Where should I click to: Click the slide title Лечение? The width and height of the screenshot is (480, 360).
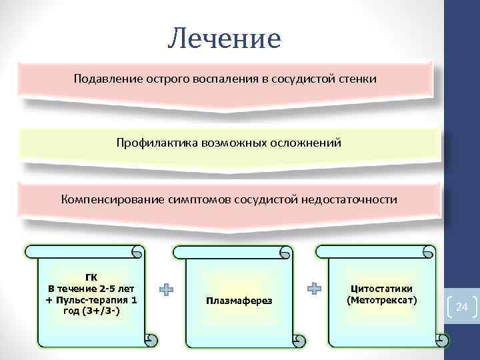point(225,39)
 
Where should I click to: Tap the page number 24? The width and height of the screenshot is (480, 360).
point(462,307)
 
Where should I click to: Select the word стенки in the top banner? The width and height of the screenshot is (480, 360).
point(359,79)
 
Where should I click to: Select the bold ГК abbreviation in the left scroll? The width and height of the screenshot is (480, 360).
point(91,277)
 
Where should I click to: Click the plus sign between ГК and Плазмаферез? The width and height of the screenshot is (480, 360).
point(166,289)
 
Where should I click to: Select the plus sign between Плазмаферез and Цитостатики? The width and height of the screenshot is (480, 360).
point(314,289)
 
